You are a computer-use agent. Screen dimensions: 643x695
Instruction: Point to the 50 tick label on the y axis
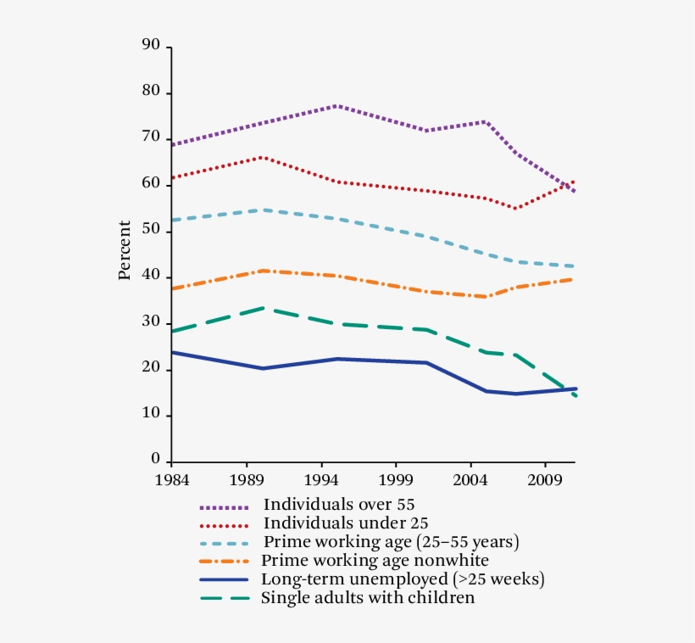151,230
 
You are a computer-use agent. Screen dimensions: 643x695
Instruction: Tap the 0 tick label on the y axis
155,460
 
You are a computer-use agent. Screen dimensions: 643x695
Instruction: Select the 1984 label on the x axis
172,480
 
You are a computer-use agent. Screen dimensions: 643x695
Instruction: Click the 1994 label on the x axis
321,480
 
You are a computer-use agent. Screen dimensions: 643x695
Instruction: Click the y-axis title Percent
125,250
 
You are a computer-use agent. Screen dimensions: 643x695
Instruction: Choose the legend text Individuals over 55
339,505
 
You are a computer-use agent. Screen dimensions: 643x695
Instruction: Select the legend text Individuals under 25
340,523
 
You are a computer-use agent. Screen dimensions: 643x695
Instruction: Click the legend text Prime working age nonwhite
375,561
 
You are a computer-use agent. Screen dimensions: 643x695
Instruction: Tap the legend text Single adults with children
368,598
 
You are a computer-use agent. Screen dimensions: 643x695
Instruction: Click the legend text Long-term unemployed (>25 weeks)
402,579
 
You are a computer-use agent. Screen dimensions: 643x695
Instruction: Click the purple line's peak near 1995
336,106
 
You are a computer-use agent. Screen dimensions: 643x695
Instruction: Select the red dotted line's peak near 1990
261,157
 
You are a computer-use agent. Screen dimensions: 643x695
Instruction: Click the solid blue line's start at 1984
173,352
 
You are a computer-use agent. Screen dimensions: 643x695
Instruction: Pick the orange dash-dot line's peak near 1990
264,271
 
